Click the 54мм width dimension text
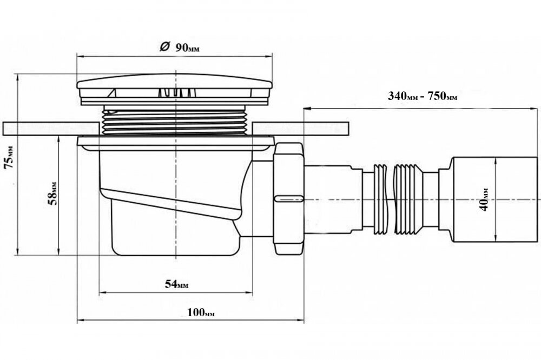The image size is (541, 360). (x=176, y=285)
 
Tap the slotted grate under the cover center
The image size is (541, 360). (x=175, y=93)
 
